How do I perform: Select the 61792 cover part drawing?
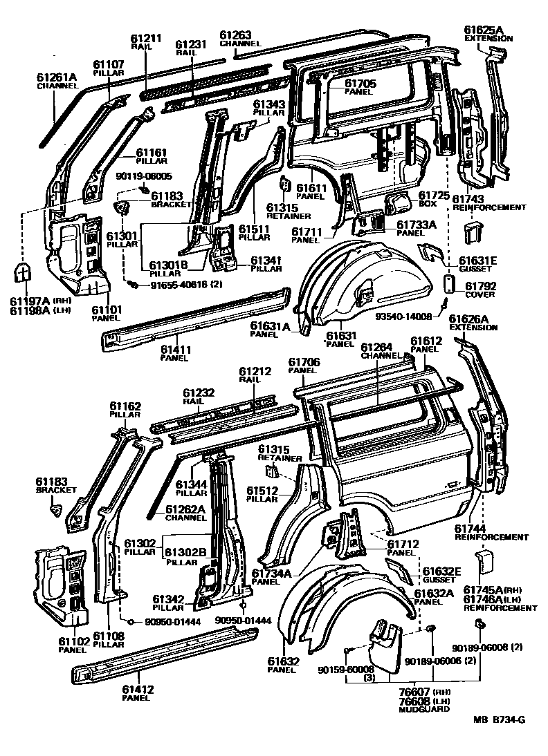448,285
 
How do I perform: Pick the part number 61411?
174,350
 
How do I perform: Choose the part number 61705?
360,83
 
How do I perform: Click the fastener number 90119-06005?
143,176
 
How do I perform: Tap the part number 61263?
236,34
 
